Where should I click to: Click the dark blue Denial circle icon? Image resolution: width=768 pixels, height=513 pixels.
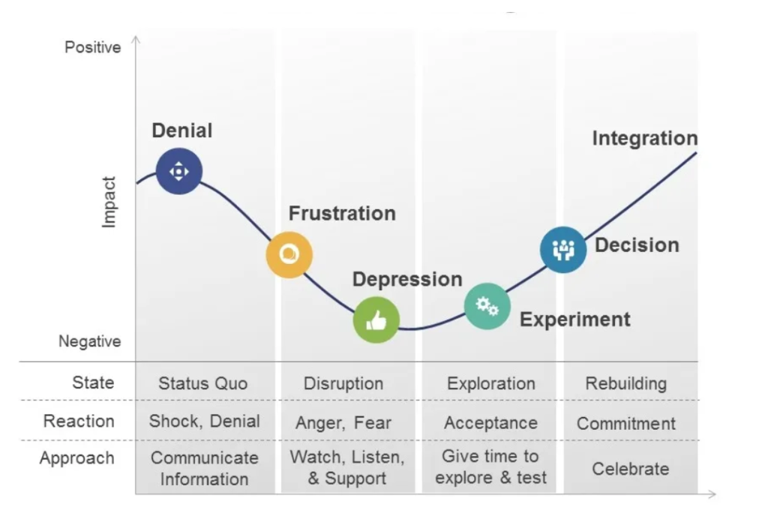click(x=178, y=172)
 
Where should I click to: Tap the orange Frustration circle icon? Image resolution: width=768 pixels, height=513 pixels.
click(x=289, y=255)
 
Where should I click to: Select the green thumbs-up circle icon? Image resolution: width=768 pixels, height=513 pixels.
click(x=376, y=320)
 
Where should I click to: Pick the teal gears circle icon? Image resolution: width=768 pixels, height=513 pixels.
click(x=487, y=306)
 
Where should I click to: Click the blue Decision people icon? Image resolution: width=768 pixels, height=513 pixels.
click(x=563, y=250)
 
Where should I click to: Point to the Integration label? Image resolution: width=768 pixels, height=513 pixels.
click(x=644, y=138)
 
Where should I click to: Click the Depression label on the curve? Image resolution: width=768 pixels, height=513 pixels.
click(x=407, y=279)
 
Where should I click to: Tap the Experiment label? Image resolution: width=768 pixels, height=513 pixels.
click(x=575, y=319)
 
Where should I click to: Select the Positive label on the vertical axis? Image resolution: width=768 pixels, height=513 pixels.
click(x=92, y=47)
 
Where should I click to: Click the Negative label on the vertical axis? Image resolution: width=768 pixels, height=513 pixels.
click(x=90, y=341)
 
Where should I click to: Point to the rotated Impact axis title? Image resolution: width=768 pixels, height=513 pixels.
click(x=108, y=202)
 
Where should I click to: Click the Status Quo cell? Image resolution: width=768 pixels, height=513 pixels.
click(x=202, y=383)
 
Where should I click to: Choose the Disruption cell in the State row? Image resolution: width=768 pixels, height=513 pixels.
click(x=343, y=383)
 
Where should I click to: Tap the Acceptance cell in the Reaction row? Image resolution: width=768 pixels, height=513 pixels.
click(x=490, y=423)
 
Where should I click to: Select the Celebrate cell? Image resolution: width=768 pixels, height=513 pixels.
click(x=630, y=469)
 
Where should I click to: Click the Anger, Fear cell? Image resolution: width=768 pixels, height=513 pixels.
click(x=343, y=423)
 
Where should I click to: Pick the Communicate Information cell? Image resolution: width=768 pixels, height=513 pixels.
click(x=204, y=469)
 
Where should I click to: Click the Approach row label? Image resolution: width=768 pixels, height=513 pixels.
click(x=77, y=458)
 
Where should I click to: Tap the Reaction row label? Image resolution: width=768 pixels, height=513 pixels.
click(x=79, y=421)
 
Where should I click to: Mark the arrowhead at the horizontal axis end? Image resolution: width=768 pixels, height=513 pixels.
click(x=712, y=494)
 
